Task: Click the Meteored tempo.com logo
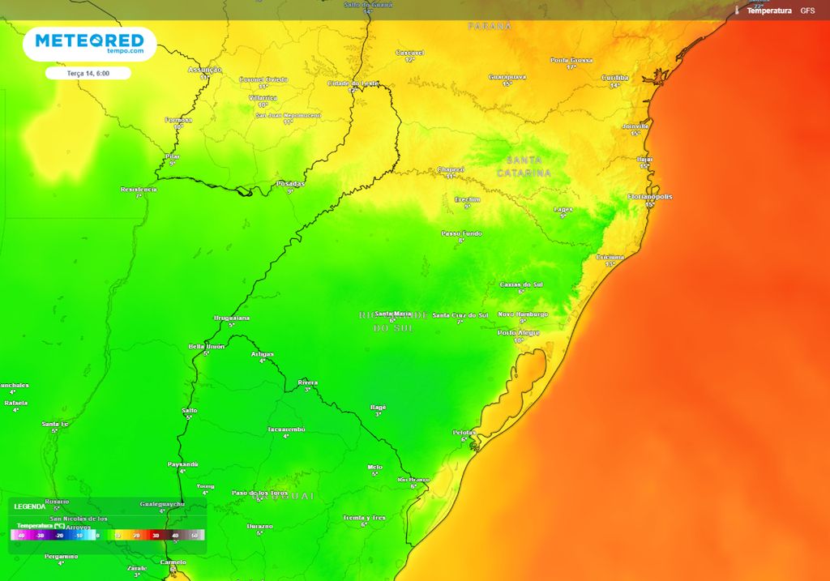89,44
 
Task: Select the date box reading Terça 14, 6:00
88,73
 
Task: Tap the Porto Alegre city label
519,332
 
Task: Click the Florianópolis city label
649,197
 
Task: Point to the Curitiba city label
615,78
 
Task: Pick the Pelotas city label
464,433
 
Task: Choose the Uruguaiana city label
231,318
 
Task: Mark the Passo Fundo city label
461,233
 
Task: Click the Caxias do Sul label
521,284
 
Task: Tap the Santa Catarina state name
524,166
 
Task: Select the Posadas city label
290,184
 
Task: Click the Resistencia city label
139,190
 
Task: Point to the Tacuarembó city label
286,429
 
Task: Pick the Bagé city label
378,407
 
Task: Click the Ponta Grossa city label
571,60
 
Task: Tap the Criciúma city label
610,257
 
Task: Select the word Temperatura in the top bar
768,11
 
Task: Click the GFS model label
807,11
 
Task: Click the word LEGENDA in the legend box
30,506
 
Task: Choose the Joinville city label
635,126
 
